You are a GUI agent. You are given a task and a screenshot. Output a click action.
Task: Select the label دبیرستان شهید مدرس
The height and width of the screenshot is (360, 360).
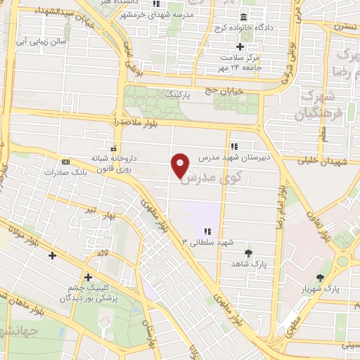point(233,159)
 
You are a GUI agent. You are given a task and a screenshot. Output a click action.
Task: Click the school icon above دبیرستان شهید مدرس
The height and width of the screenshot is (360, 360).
point(233,146)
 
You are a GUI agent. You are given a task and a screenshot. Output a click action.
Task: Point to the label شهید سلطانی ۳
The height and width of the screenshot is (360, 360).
point(207,243)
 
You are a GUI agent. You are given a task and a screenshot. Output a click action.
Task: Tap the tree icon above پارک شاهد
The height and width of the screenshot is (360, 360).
point(247,252)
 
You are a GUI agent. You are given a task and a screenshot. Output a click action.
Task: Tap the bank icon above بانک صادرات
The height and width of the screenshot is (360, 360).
point(65,161)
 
